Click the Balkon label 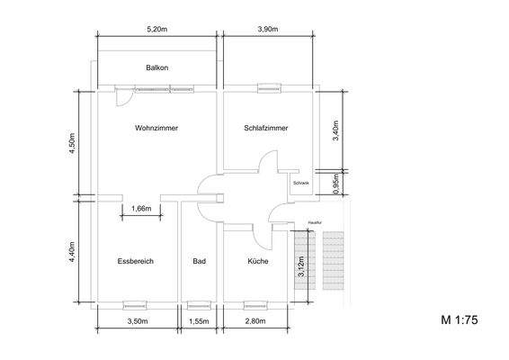coord(157,68)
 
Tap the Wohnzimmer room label coord(156,129)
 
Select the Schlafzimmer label coord(266,129)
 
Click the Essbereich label coord(136,261)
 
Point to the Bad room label coord(199,261)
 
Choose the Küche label coord(258,261)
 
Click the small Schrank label coord(300,183)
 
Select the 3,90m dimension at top coord(268,30)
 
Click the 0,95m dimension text coord(336,183)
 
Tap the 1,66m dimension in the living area coord(140,208)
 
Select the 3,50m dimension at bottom coord(137,321)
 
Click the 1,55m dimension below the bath coord(199,321)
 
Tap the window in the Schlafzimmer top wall coord(267,88)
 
